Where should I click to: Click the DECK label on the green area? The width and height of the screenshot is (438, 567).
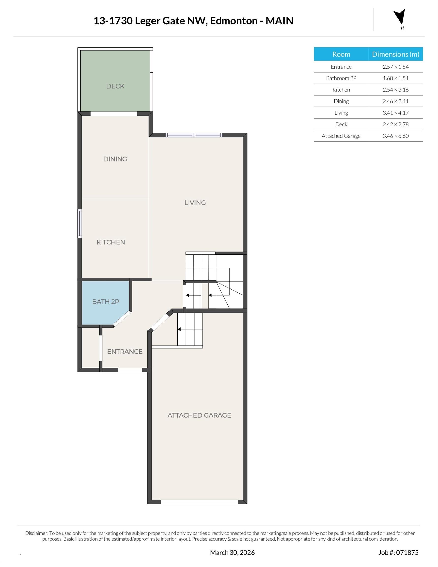click(x=115, y=86)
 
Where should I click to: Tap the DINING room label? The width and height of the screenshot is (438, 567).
click(x=115, y=159)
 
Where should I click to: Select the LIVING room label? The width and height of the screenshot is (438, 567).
click(x=195, y=203)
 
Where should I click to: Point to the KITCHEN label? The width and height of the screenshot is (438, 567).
click(x=111, y=242)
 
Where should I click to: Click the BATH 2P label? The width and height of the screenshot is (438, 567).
click(x=106, y=302)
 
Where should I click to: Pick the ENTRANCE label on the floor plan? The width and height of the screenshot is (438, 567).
click(x=125, y=351)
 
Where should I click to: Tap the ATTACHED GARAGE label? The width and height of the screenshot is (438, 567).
click(x=199, y=415)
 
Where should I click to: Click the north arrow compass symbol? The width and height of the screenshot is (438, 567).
click(x=400, y=18)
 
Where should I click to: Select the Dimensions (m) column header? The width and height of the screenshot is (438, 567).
click(x=395, y=54)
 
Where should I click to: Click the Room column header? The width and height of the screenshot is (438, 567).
click(x=341, y=54)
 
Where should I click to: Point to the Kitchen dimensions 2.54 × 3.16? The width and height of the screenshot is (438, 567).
click(x=395, y=90)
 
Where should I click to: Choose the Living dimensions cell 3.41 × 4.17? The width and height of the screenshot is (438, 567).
click(x=395, y=113)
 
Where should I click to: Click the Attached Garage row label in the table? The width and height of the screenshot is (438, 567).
click(x=341, y=136)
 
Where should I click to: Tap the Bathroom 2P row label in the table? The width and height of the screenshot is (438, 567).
click(x=341, y=78)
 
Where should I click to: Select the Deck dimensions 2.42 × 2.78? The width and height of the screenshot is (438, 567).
click(x=395, y=124)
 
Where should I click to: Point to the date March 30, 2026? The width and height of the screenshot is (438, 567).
click(x=232, y=552)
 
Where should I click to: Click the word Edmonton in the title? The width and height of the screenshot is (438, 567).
click(x=234, y=21)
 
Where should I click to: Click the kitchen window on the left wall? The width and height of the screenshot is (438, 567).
click(x=80, y=223)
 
